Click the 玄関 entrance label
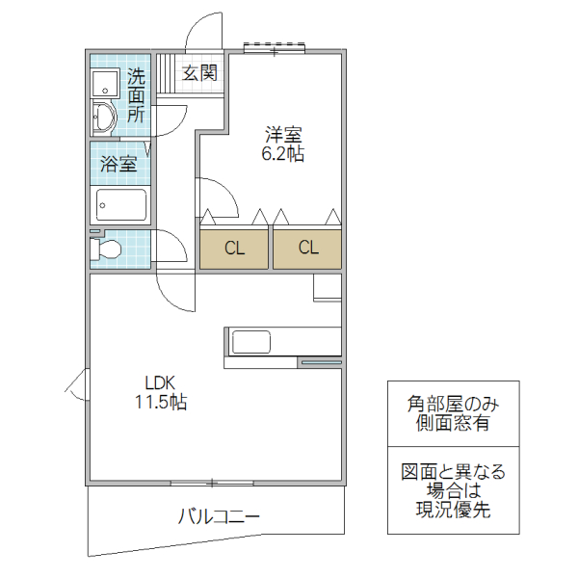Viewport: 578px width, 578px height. pyautogui.click(x=199, y=73)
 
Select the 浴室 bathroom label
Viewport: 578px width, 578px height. pyautogui.click(x=119, y=164)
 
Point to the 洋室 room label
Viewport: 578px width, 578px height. pyautogui.click(x=283, y=135)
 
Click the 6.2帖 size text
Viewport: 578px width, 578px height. pyautogui.click(x=283, y=154)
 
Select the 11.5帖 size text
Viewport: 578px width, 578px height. pyautogui.click(x=160, y=403)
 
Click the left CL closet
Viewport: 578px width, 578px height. pyautogui.click(x=235, y=249)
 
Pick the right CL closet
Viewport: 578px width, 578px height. pyautogui.click(x=307, y=249)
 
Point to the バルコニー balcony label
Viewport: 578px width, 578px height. pyautogui.click(x=218, y=517)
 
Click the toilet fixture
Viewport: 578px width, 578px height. pyautogui.click(x=106, y=250)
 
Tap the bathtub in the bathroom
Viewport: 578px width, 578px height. pyautogui.click(x=120, y=205)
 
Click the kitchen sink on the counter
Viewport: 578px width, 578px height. pyautogui.click(x=251, y=342)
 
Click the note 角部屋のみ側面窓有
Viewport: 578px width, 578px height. pyautogui.click(x=452, y=413)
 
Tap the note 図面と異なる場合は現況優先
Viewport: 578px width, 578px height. pyautogui.click(x=452, y=490)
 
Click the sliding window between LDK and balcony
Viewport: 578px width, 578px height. pyautogui.click(x=212, y=481)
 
